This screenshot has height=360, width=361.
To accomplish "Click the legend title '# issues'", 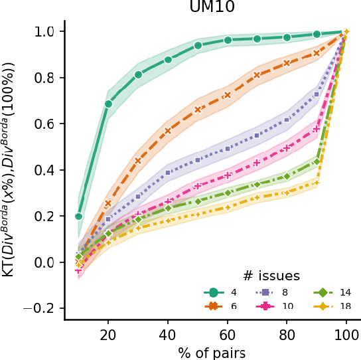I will coord(270,275).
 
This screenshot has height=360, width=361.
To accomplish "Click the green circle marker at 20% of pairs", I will coord(108,104).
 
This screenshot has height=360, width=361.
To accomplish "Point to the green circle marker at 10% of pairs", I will coord(79,217).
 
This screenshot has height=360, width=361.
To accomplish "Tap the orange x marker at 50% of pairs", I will coord(198,110).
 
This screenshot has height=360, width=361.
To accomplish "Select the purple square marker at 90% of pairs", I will coord(317,94).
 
